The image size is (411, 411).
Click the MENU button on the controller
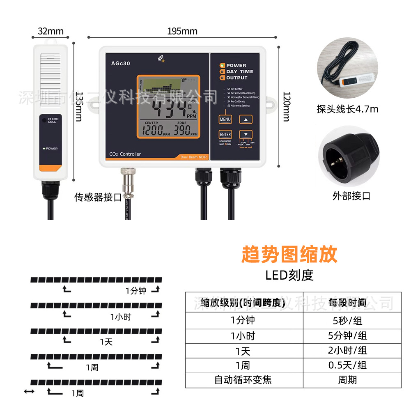[x=225, y=119]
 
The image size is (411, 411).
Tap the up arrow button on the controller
[x=246, y=119]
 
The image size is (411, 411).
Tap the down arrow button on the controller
[x=246, y=134]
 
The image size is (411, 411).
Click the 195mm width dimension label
[x=182, y=31]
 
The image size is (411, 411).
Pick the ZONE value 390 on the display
[x=182, y=131]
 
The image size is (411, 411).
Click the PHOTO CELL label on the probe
[x=53, y=120]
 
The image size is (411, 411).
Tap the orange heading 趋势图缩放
[x=289, y=255]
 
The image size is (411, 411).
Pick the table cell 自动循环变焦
[x=243, y=380]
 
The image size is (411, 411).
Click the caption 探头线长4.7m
[x=347, y=109]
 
